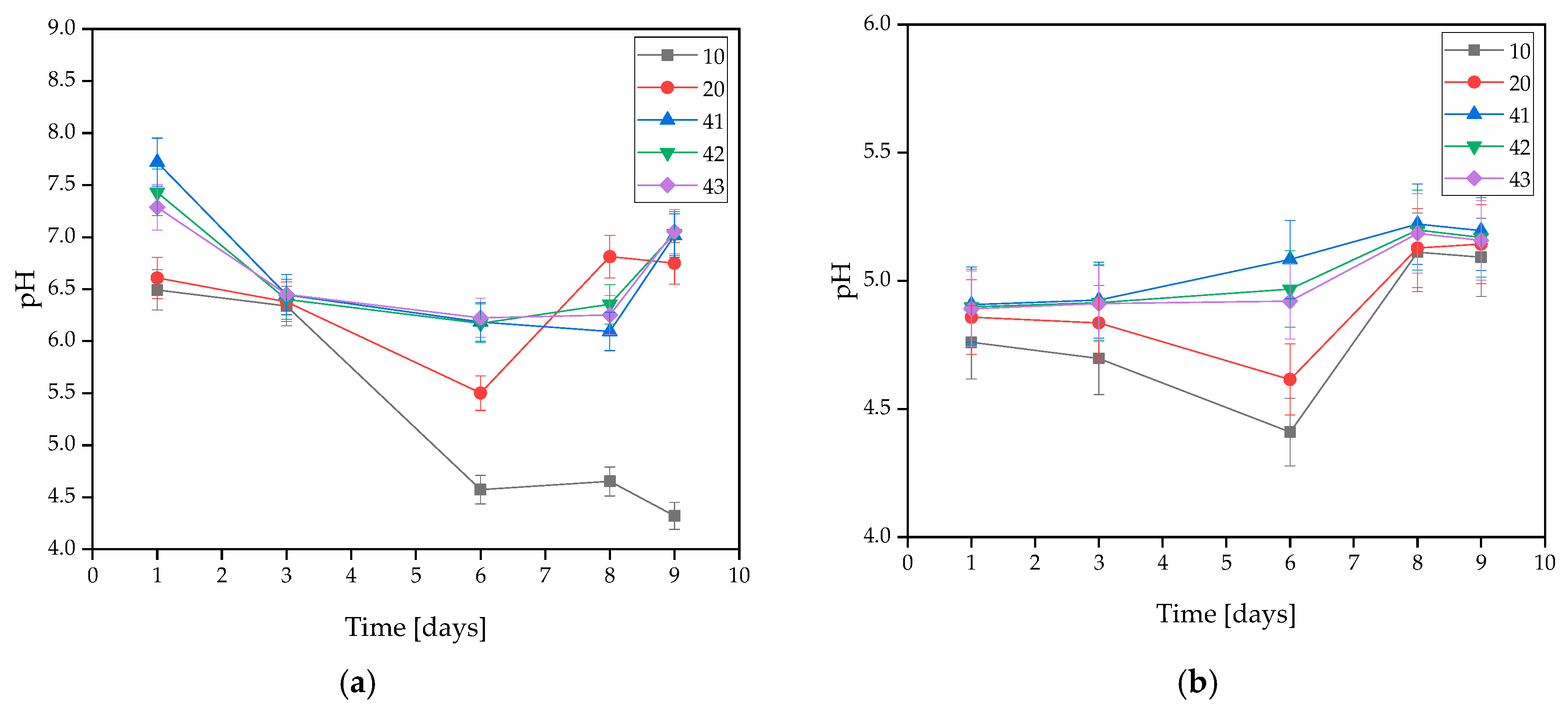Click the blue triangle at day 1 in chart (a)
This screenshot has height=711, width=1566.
tap(157, 162)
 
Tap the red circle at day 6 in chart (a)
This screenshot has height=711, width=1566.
tap(480, 393)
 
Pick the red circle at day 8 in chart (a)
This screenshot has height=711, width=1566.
tap(610, 257)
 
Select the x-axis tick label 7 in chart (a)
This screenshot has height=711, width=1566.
tap(545, 575)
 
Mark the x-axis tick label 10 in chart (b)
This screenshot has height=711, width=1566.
tap(1544, 563)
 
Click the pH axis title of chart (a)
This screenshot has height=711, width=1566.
tap(27, 289)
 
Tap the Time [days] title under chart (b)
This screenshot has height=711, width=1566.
tap(1225, 614)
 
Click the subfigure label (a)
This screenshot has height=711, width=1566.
tap(358, 682)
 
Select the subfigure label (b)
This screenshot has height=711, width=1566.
tap(1197, 682)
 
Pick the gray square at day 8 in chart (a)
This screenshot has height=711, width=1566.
tap(610, 481)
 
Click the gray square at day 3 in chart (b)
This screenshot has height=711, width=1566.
tap(1099, 358)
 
